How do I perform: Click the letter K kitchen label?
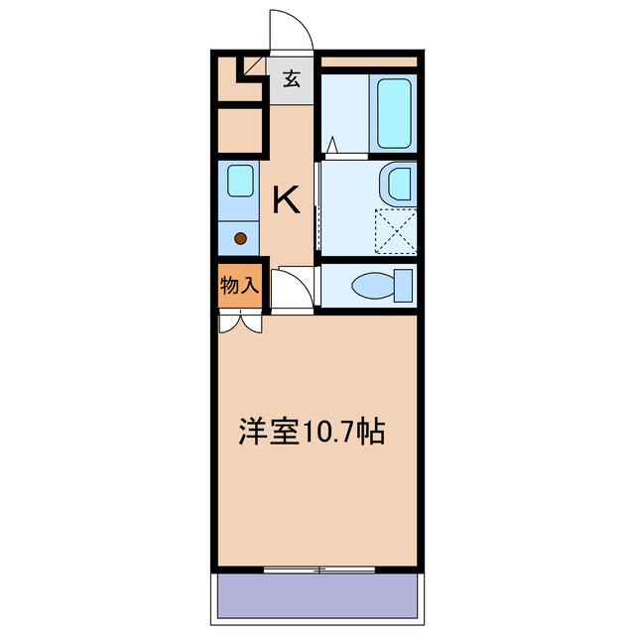tap(287, 200)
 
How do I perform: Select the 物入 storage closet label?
tap(239, 286)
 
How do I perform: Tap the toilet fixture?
tap(382, 285)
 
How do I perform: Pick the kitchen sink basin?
tap(239, 182)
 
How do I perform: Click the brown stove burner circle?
tap(240, 238)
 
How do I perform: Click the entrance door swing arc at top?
tap(291, 30)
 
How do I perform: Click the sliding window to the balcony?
tap(319, 570)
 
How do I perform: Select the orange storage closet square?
tap(239, 286)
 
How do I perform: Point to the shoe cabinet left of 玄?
tap(239, 82)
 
